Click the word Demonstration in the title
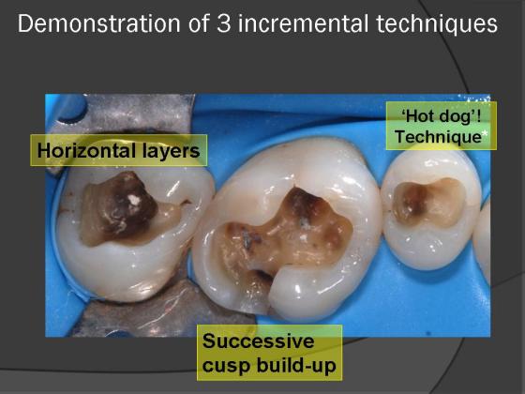pyautogui.click(x=98, y=23)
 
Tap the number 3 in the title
pyautogui.click(x=223, y=23)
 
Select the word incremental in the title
pyautogui.click(x=303, y=23)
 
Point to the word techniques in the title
pyautogui.click(x=437, y=24)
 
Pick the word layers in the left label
pyautogui.click(x=172, y=151)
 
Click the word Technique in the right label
pyautogui.click(x=438, y=137)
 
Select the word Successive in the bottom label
pyautogui.click(x=258, y=341)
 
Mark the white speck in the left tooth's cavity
pyautogui.click(x=134, y=200)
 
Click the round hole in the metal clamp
pyautogui.click(x=71, y=108)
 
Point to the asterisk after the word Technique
pyautogui.click(x=485, y=134)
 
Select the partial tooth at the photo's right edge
pyautogui.click(x=482, y=235)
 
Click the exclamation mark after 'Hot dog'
pyautogui.click(x=477, y=116)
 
